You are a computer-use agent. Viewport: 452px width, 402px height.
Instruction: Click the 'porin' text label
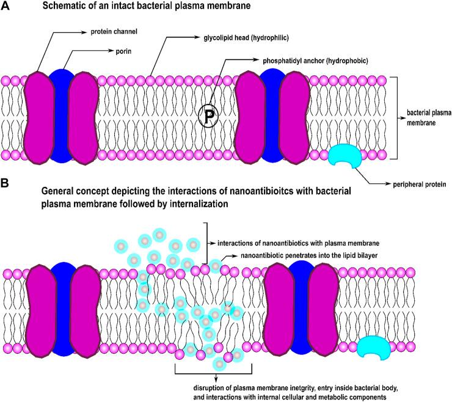tap(100, 51)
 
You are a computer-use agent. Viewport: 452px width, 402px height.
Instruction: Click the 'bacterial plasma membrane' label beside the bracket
tap(426, 118)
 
